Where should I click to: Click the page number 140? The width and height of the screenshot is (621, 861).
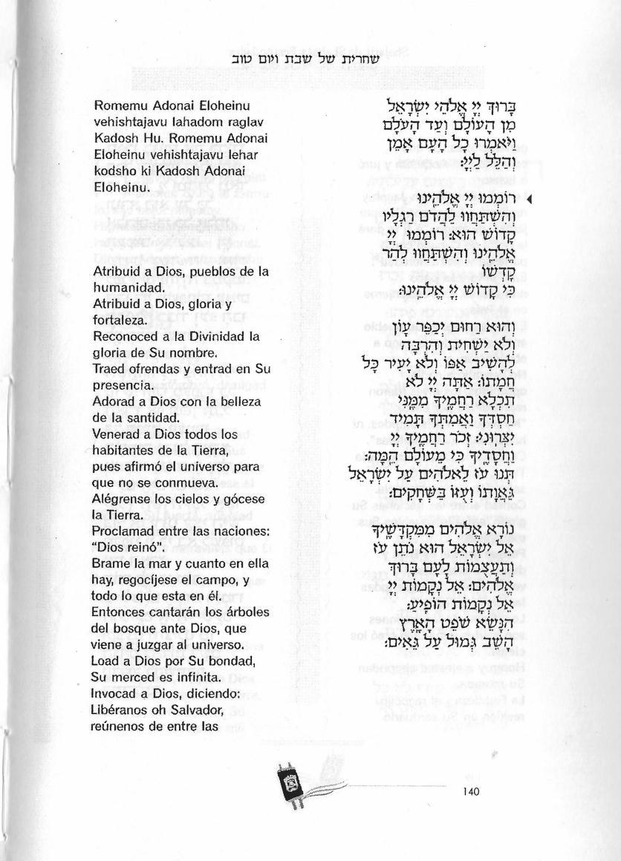tap(471, 792)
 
